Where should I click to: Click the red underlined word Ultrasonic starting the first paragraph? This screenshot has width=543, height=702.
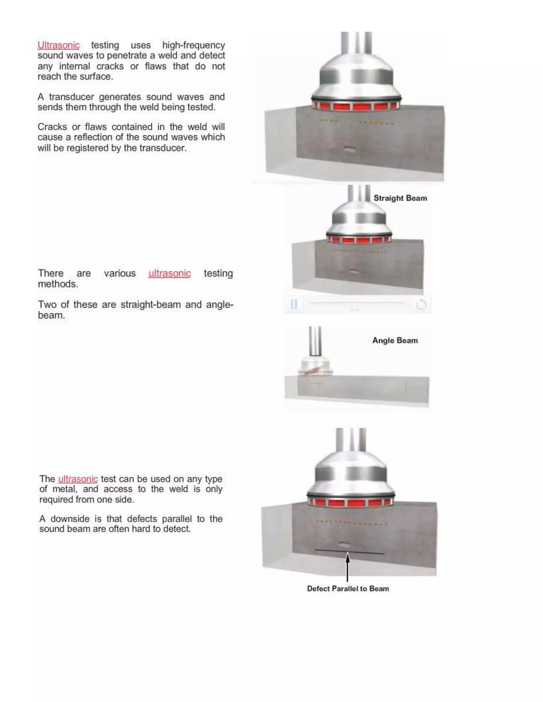click(x=58, y=45)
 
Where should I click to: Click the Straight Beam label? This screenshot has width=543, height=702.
click(x=400, y=198)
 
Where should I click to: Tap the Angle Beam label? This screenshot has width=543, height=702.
click(x=395, y=340)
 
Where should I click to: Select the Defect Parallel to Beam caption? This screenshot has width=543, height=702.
click(x=348, y=589)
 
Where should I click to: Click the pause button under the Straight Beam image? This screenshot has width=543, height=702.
click(x=294, y=304)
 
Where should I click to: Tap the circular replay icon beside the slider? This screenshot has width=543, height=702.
click(x=421, y=304)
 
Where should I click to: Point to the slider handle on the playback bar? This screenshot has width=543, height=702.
click(x=354, y=306)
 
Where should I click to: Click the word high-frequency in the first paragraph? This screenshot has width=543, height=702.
click(x=193, y=45)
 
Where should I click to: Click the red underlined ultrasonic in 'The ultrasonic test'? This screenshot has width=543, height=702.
click(x=78, y=479)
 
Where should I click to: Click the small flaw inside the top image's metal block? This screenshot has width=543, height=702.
click(x=349, y=149)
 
